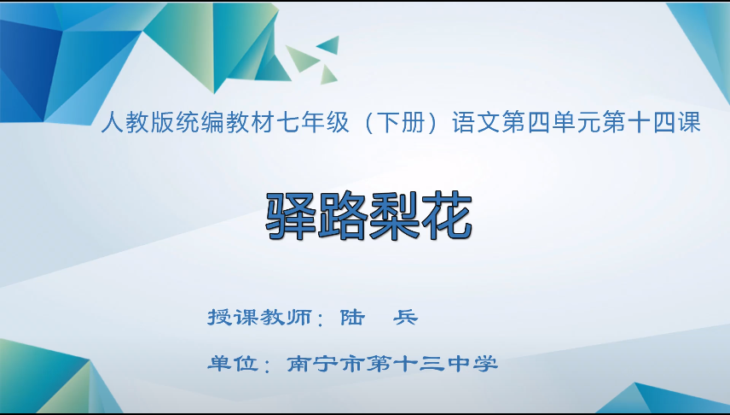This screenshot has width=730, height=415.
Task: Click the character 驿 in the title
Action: [291, 216]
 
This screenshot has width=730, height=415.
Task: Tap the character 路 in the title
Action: [342, 216]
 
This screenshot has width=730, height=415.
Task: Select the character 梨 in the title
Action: [394, 216]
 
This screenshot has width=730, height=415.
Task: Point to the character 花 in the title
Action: [447, 216]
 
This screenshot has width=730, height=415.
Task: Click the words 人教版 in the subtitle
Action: [137, 123]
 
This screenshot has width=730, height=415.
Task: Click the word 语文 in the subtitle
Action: [476, 123]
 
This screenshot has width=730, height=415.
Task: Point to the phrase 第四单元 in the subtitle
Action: [550, 123]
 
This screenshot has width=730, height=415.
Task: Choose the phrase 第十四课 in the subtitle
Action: [651, 123]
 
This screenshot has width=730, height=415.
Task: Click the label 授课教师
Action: [260, 318]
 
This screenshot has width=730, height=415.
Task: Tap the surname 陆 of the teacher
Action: [352, 318]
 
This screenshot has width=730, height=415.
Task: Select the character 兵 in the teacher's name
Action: [405, 318]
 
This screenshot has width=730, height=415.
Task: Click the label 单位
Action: [234, 363]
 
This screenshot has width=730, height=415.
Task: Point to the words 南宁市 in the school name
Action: [325, 363]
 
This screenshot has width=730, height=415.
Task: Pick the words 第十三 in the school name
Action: [405, 363]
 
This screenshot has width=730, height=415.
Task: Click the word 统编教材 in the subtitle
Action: [225, 123]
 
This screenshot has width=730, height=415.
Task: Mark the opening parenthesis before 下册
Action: [368, 123]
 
